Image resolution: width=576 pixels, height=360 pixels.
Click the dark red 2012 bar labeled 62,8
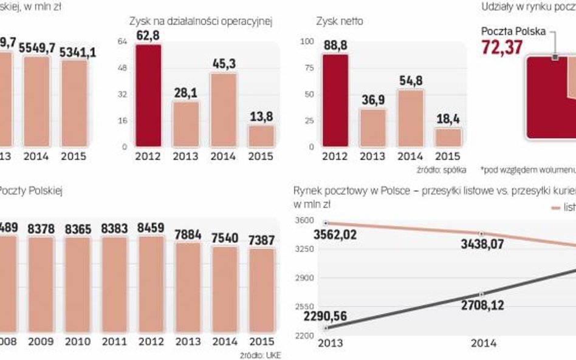tap(148, 96)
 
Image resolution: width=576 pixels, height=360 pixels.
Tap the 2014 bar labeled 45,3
tap(223, 110)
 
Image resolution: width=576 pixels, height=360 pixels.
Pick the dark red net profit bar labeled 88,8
tap(335, 100)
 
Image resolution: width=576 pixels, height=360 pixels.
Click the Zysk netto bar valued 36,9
tap(372, 127)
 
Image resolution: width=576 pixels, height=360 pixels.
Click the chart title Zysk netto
tap(340, 21)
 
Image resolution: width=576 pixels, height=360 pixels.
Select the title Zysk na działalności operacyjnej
tap(200, 21)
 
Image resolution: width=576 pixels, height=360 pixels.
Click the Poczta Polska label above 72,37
tap(513, 32)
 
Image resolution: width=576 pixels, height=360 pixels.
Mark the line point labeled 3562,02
tap(326, 223)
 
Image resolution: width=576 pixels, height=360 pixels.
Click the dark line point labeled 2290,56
tap(326, 328)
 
